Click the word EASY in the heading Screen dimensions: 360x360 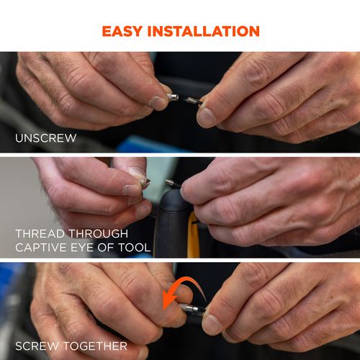[x=122, y=31]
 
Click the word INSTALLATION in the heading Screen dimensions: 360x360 [x=204, y=31]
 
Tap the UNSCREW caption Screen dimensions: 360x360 [x=45, y=138]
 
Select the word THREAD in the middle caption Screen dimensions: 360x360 [x=40, y=233]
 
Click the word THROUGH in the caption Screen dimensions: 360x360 [x=99, y=233]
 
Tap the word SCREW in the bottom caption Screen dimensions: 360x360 [x=37, y=346]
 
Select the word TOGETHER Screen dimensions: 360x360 [x=95, y=346]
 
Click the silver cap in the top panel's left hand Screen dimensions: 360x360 [x=173, y=97]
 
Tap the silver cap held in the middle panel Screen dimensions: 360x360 [x=145, y=182]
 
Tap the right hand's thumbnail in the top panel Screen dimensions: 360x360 [x=206, y=117]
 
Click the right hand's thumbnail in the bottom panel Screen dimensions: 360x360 [x=211, y=324]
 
